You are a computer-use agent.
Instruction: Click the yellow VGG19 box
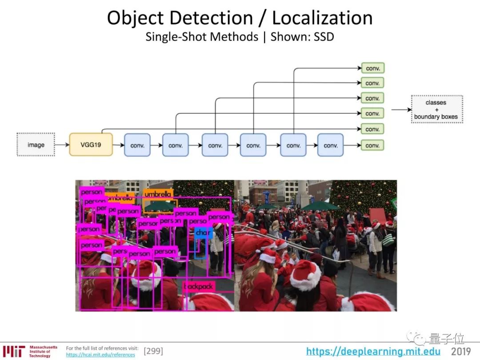91,144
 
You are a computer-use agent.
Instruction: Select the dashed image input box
36,144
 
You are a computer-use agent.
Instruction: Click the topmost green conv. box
372,68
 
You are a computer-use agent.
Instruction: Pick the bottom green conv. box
372,145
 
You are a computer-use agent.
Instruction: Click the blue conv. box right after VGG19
137,145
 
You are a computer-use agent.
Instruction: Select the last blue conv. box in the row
330,145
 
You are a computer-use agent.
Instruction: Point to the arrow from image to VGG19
62,145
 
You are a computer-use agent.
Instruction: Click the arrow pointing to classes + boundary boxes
401,110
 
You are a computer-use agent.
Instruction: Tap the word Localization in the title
322,18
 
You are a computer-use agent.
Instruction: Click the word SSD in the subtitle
324,36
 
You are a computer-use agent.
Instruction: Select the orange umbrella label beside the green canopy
158,194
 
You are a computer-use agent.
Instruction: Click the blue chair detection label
203,232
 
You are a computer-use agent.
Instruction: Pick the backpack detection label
199,287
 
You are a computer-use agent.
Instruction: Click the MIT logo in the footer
14,351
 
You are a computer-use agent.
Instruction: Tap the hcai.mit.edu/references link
100,355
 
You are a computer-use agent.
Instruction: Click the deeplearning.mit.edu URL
373,352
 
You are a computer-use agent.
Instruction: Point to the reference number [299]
153,351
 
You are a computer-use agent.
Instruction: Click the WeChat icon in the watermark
419,339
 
